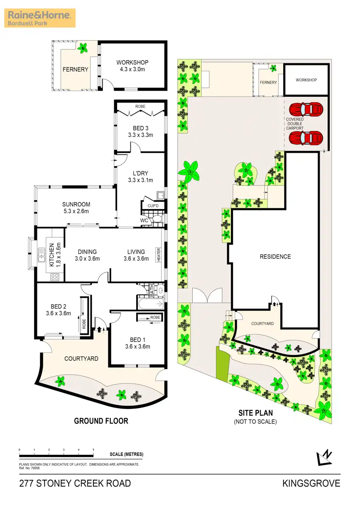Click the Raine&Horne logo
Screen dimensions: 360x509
pos(41,18)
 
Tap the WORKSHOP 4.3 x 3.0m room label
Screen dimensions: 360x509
pos(132,66)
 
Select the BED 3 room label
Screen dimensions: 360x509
pos(141,131)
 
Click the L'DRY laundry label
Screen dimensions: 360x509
pos(141,176)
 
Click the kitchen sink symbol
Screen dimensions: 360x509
pos(42,255)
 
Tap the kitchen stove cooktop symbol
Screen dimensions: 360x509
pos(55,277)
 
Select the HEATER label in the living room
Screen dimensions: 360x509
pos(158,255)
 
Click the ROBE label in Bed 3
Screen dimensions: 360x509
pos(140,106)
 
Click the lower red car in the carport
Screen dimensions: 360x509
pos(305,137)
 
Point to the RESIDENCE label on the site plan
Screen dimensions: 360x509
pos(275,257)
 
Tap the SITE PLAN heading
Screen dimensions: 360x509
pos(255,413)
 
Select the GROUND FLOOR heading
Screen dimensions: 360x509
pos(101,421)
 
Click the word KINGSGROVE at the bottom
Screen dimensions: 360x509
pos(311,483)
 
